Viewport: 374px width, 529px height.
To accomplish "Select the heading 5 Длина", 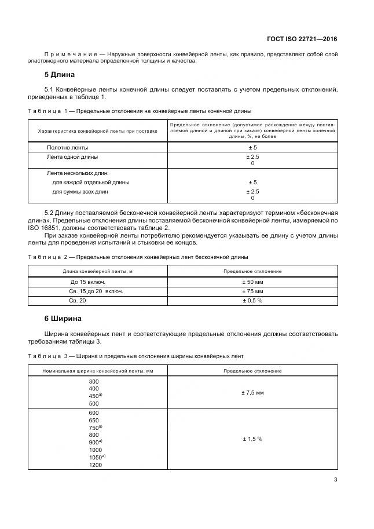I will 60,75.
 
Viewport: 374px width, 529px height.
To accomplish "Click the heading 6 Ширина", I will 63,318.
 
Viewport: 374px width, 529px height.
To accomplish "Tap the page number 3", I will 336,479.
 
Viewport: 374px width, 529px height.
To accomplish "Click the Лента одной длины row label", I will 72,156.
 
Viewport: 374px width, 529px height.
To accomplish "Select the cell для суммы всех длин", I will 80,191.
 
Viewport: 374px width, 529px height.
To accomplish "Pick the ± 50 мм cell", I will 252,282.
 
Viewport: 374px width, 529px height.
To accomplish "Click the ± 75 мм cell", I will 252,291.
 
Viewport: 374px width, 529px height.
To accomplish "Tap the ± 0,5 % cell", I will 252,301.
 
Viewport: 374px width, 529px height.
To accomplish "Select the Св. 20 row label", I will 78,301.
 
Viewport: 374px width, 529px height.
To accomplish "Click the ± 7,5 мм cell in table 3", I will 252,393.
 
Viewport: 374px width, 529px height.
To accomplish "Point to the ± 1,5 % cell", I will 252,439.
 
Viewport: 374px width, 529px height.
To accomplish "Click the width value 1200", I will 95,465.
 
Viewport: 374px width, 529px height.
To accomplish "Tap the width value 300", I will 94,381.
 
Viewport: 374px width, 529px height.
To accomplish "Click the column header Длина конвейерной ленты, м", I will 98,271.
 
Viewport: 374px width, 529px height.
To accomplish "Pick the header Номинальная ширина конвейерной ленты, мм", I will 98,371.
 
